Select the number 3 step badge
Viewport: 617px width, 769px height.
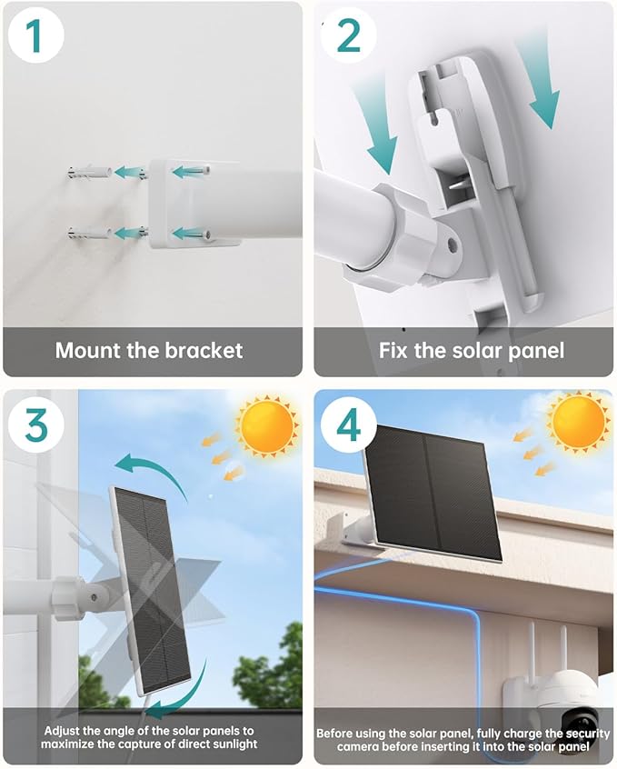(x=34, y=424)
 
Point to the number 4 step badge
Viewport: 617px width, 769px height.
(x=348, y=424)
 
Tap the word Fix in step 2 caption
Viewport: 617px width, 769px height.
(x=396, y=351)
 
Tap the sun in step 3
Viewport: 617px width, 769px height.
(x=266, y=424)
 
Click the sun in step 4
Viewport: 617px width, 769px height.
(x=579, y=421)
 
